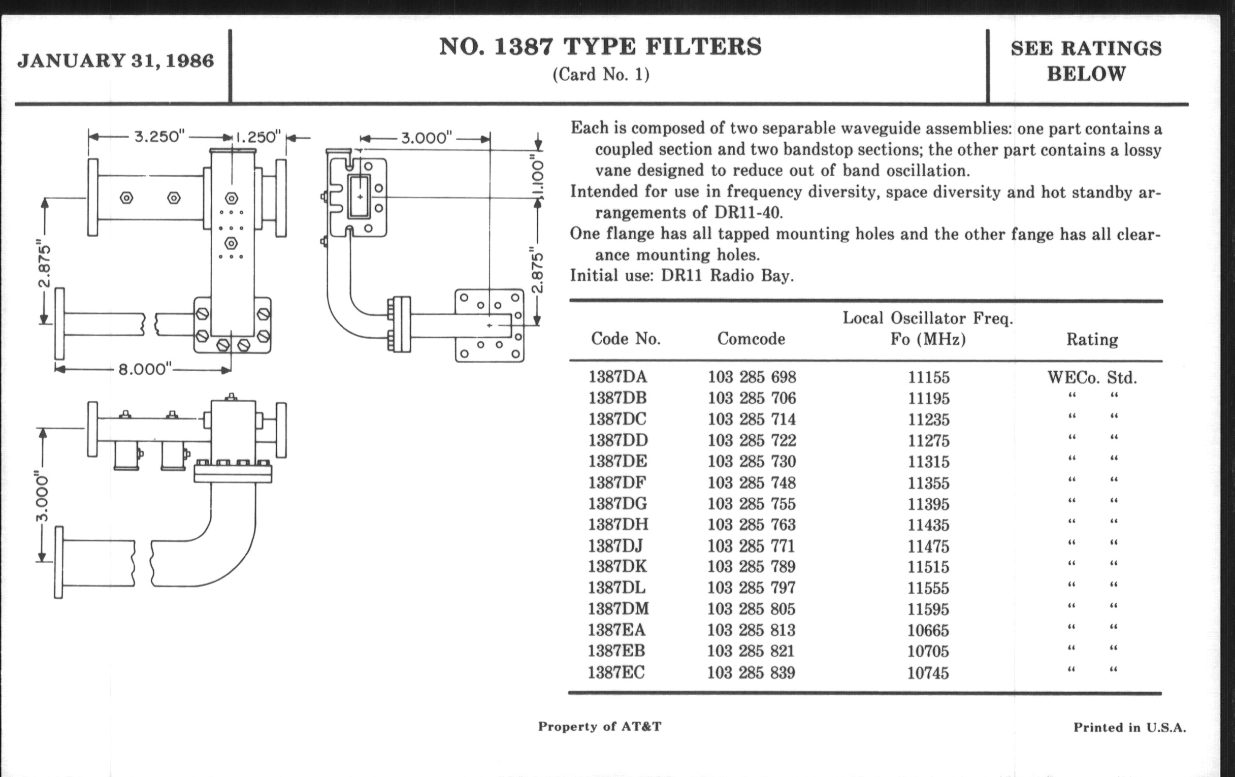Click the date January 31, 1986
(115, 61)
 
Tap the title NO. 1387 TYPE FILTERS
(601, 47)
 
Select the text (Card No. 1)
(601, 75)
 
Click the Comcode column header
(751, 339)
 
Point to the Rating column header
(1092, 340)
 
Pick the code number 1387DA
(617, 377)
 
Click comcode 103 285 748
(752, 482)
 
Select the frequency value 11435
(928, 525)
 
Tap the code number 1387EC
(616, 672)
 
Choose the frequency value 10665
(928, 630)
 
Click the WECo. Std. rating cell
(1092, 378)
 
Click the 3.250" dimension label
(159, 137)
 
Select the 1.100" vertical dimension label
(537, 174)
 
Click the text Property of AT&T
(600, 726)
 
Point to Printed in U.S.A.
(1129, 727)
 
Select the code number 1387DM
(618, 609)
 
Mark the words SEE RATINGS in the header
(1086, 49)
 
